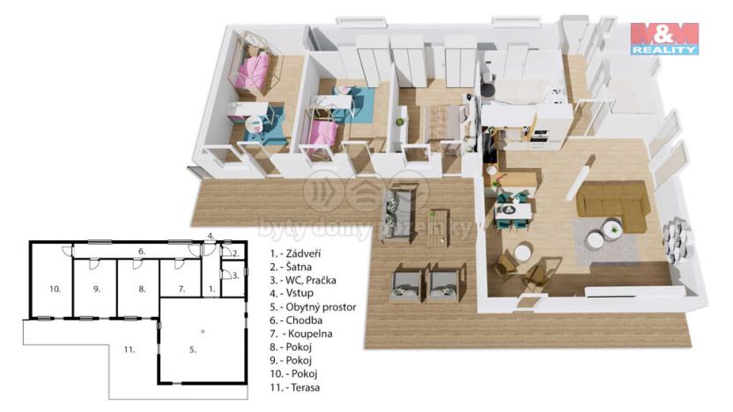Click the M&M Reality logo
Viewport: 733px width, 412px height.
(x=663, y=39)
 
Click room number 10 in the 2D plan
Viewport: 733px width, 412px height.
(x=55, y=289)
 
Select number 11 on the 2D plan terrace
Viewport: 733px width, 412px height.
(x=130, y=350)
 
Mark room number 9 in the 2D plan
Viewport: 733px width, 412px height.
(x=96, y=289)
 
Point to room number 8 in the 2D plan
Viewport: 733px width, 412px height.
(x=141, y=289)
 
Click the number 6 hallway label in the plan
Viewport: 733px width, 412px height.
(x=141, y=251)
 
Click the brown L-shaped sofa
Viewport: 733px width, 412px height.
(x=613, y=201)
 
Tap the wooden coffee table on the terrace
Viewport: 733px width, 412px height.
(x=439, y=224)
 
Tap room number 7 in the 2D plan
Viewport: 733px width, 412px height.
(x=181, y=289)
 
